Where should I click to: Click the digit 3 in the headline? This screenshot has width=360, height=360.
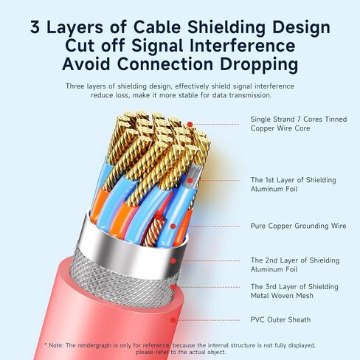35,27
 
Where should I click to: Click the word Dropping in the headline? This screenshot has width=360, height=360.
259,64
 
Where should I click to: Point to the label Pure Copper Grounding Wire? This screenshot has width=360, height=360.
298,226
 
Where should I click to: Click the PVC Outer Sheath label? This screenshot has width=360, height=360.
280,319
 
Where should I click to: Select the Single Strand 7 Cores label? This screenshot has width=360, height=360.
299,120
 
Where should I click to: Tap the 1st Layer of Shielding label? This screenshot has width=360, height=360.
293,180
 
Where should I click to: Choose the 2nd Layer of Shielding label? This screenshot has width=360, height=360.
295,260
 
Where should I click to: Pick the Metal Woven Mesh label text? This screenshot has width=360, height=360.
282,296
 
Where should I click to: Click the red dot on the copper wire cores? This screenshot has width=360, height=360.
190,125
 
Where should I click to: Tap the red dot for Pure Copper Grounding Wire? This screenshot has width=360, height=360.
173,226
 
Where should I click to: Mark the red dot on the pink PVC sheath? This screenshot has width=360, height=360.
173,320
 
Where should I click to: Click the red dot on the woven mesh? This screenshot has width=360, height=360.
173,287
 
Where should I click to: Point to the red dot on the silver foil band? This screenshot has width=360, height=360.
173,261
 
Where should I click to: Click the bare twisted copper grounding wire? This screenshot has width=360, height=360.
154,231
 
